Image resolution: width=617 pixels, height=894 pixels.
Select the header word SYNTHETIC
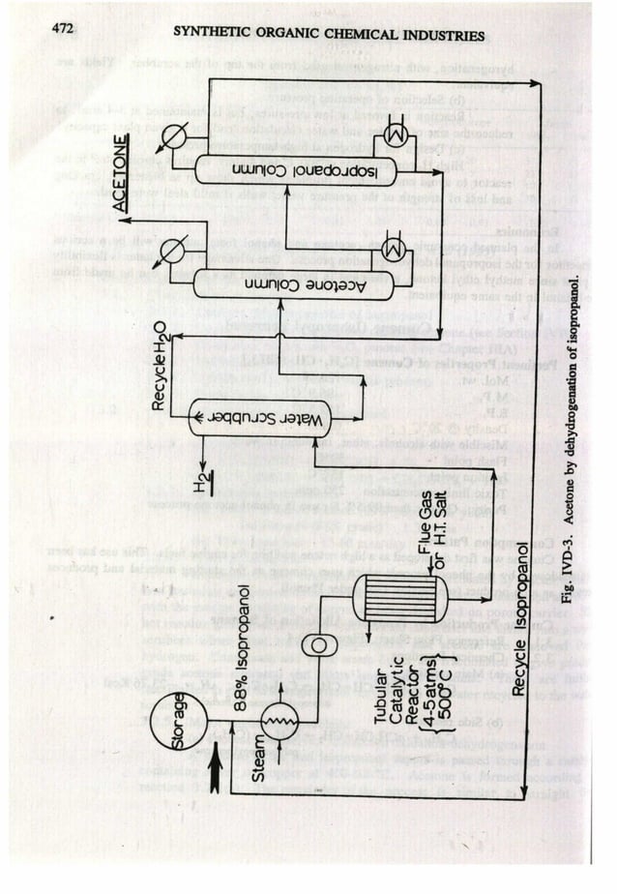click(209, 36)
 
